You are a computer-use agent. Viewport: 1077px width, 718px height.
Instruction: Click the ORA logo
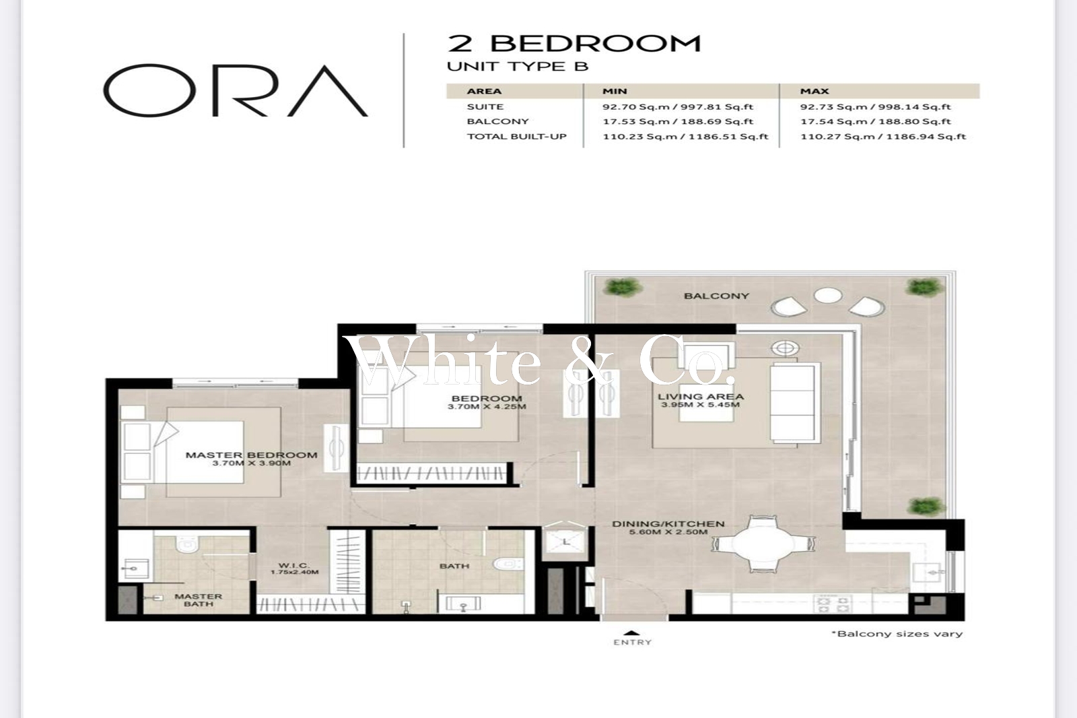[236, 90]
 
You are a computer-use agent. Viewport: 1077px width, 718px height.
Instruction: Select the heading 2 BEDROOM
[574, 43]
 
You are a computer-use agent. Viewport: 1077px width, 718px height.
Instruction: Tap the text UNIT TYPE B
[518, 67]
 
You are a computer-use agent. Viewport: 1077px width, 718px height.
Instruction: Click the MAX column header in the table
[814, 91]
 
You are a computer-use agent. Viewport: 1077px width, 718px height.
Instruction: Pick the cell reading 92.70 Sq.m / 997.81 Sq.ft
[678, 107]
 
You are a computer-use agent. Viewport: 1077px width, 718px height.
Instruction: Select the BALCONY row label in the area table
[497, 121]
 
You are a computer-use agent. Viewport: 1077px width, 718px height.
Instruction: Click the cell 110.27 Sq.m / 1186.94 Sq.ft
[883, 136]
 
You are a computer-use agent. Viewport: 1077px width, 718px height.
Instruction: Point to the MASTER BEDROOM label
[252, 455]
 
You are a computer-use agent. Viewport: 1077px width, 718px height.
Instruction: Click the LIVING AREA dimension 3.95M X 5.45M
[701, 405]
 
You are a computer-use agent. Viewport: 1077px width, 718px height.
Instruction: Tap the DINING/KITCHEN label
[668, 523]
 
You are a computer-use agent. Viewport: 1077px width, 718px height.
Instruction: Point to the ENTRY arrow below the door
[633, 633]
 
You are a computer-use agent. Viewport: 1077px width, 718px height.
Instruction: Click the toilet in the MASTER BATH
[187, 543]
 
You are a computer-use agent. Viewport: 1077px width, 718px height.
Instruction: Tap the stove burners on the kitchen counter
[832, 604]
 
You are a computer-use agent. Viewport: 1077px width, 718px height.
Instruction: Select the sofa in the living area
[795, 403]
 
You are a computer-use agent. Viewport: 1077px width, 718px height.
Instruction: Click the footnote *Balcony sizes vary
[897, 634]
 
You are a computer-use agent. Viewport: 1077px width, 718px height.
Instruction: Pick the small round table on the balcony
[827, 296]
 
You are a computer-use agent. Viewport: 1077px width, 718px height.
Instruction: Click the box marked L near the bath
[566, 542]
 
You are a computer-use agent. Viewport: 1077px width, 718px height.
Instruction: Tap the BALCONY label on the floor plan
[716, 296]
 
